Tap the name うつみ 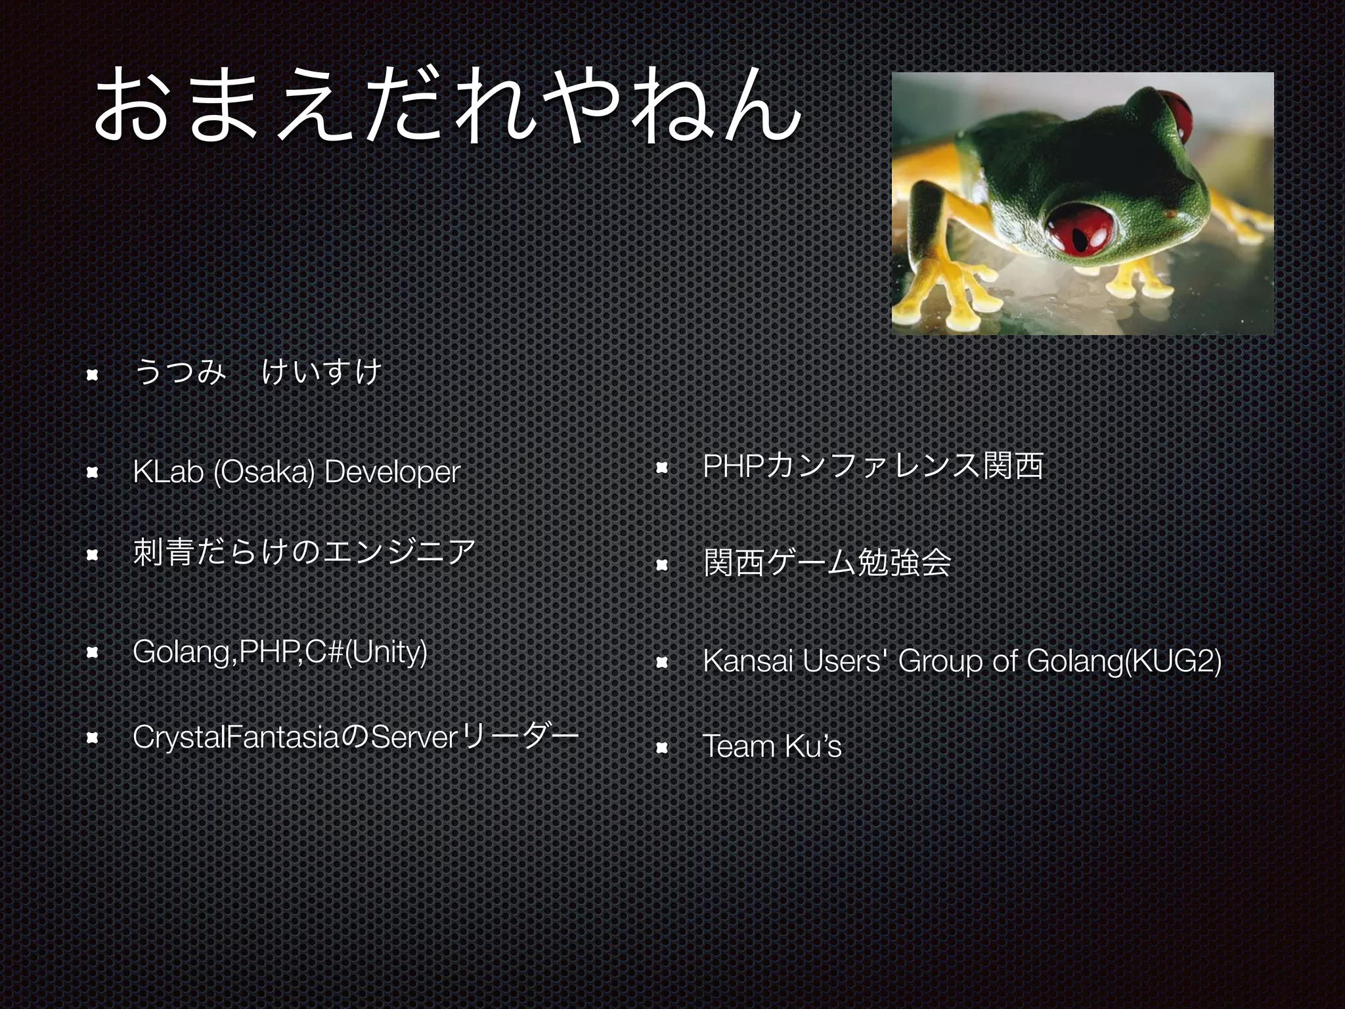pyautogui.click(x=179, y=372)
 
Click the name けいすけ pyautogui.click(x=320, y=372)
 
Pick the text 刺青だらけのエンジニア pyautogui.click(x=303, y=552)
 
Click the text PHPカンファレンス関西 pyautogui.click(x=873, y=466)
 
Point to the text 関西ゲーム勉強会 pyautogui.click(x=827, y=562)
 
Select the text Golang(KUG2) pyautogui.click(x=1124, y=661)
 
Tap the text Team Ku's pyautogui.click(x=772, y=746)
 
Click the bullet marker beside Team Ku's pyautogui.click(x=662, y=747)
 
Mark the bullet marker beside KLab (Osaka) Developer pyautogui.click(x=92, y=472)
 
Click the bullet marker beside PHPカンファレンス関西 pyautogui.click(x=662, y=468)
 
